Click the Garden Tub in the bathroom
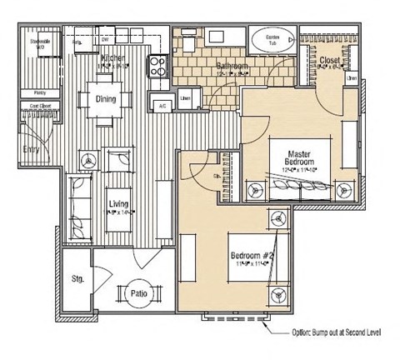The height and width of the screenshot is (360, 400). [271, 42]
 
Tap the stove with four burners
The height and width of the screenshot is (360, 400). [157, 65]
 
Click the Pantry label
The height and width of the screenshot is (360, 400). [38, 92]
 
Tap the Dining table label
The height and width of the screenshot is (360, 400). [105, 99]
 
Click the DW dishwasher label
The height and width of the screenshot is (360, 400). [106, 38]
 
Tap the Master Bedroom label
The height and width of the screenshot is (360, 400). [299, 158]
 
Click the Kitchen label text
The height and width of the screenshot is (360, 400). [113, 57]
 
